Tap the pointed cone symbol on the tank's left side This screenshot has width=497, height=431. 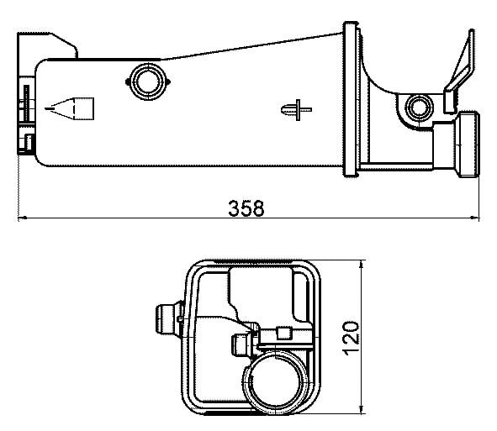[73, 108]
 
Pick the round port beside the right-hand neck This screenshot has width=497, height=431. [418, 107]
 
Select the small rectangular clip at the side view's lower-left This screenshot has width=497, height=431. [30, 141]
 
